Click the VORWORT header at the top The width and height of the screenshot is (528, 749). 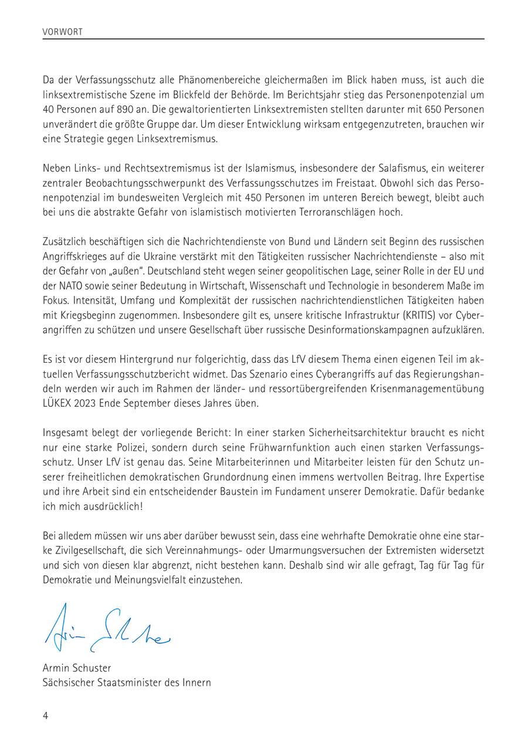tap(63, 32)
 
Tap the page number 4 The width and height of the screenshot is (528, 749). tap(45, 716)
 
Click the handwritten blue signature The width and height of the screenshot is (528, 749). tap(106, 629)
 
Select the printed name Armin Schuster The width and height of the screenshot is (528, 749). tap(77, 668)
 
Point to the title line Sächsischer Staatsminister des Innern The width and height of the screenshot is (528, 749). tap(127, 683)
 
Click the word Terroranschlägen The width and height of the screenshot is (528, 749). tap(333, 212)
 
